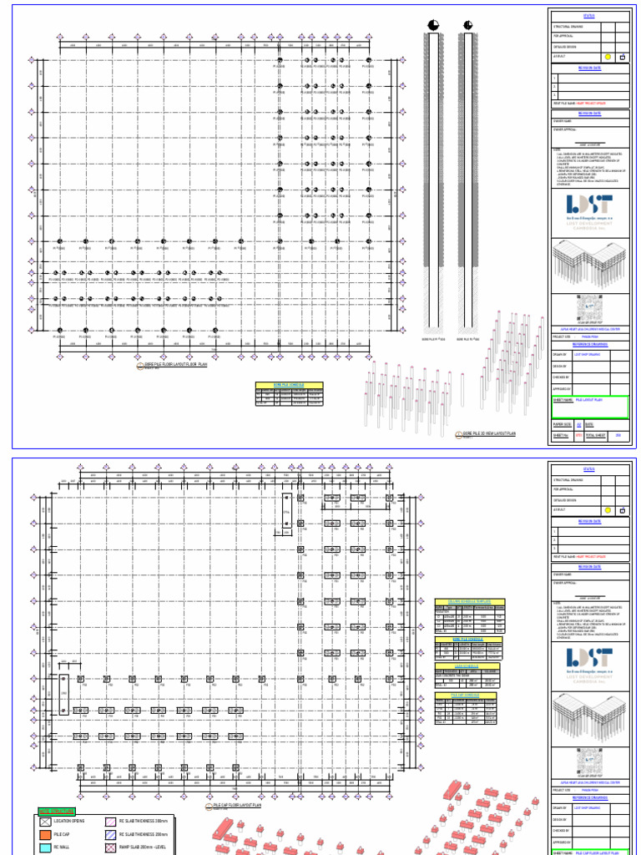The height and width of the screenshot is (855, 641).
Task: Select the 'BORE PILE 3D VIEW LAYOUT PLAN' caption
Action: pyautogui.click(x=489, y=434)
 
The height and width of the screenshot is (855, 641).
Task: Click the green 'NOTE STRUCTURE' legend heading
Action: pyautogui.click(x=56, y=811)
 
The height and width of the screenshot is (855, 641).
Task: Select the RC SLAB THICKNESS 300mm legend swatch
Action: pyautogui.click(x=109, y=822)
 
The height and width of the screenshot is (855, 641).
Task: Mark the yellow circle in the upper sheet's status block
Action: pyautogui.click(x=608, y=57)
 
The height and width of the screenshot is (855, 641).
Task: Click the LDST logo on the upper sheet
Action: pyautogui.click(x=589, y=205)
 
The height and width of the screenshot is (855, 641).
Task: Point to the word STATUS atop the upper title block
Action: pyautogui.click(x=589, y=14)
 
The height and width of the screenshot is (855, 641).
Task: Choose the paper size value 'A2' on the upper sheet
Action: pyautogui.click(x=579, y=424)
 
